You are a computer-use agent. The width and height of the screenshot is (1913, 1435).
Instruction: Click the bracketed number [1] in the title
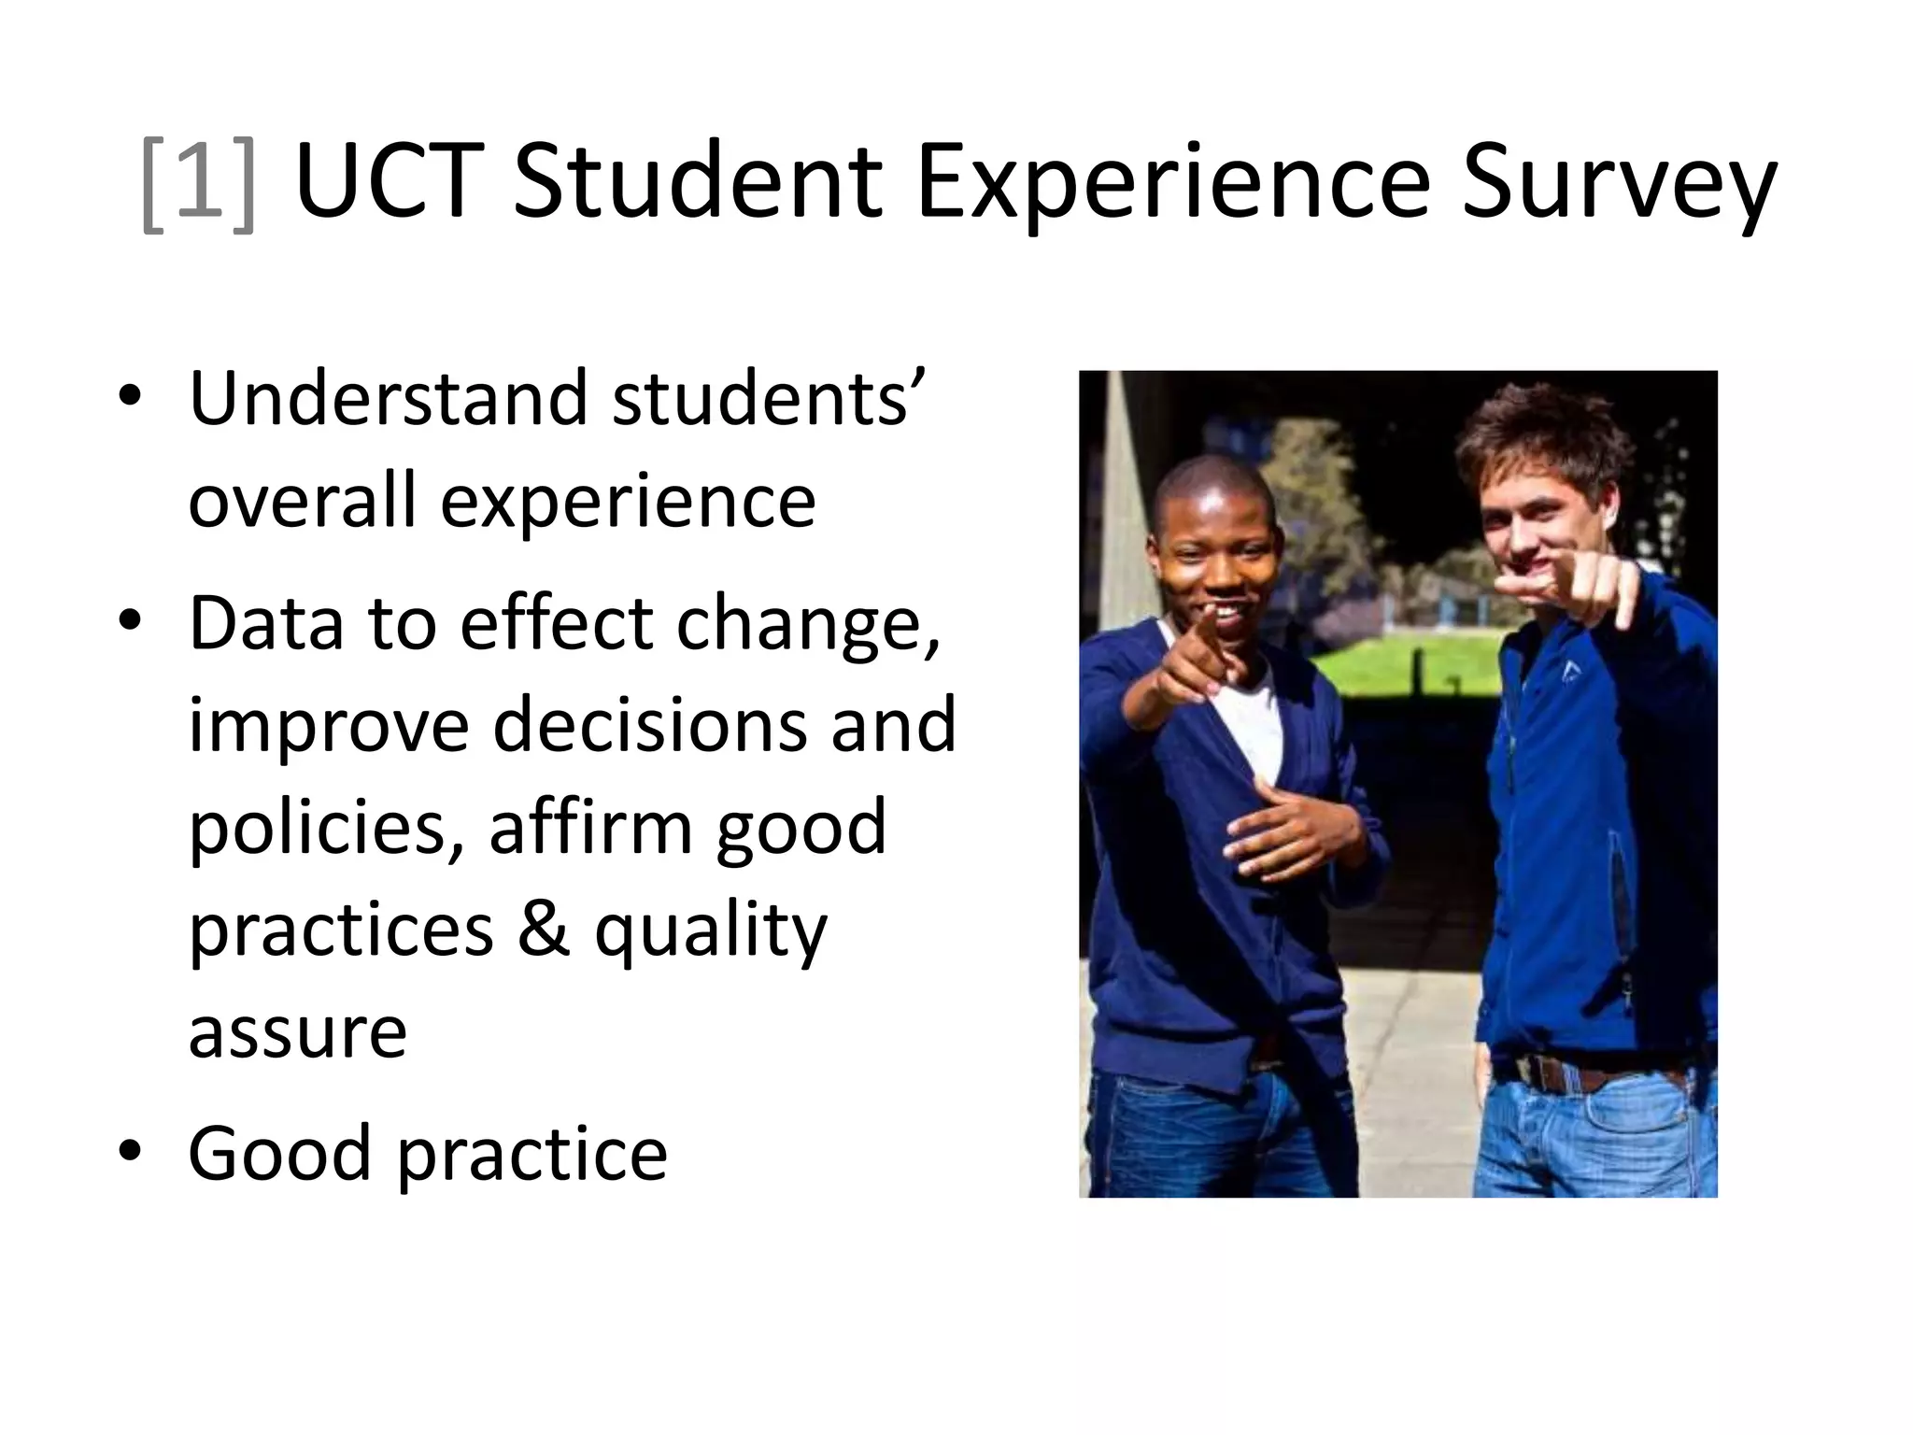(198, 182)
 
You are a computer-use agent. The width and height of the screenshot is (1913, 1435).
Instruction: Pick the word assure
(297, 1033)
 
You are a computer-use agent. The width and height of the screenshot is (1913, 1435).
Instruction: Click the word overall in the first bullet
(302, 502)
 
